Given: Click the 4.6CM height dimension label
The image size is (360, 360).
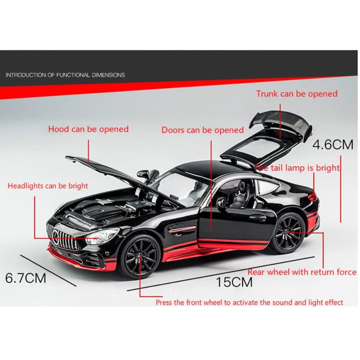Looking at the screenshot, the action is point(333,144).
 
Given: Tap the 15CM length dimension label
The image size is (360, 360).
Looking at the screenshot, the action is point(234,282).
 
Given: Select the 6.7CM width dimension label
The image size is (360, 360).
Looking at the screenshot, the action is point(26,277).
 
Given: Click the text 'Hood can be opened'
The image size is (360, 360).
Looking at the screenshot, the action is point(88,129).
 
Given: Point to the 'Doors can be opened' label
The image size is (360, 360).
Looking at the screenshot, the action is point(202,130).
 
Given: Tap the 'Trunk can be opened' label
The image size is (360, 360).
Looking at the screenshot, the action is point(297,94).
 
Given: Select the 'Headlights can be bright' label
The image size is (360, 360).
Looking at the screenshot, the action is point(48,186).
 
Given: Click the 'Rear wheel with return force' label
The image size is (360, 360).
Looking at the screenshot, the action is point(302,272).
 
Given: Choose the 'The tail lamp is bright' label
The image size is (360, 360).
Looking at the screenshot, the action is point(297,168).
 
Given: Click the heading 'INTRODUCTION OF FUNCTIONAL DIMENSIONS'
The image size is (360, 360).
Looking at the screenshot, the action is point(65,75).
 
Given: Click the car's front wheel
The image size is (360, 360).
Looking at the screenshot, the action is point(140,257).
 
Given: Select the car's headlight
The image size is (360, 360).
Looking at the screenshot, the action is point(97,237).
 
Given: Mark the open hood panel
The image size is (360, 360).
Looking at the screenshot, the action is point(115,172).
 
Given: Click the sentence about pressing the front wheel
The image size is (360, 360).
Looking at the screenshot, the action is point(249,302).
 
